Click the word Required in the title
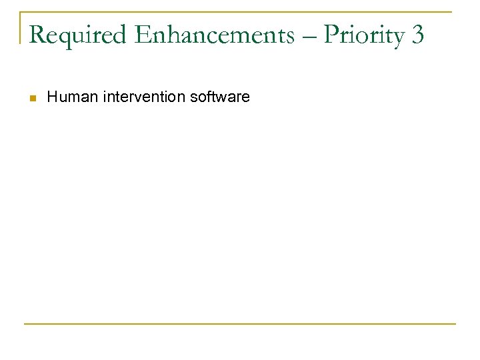pyautogui.click(x=81, y=35)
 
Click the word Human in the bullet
pyautogui.click(x=66, y=97)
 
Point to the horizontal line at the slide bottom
pyautogui.click(x=240, y=324)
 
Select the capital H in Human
pyautogui.click(x=52, y=97)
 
